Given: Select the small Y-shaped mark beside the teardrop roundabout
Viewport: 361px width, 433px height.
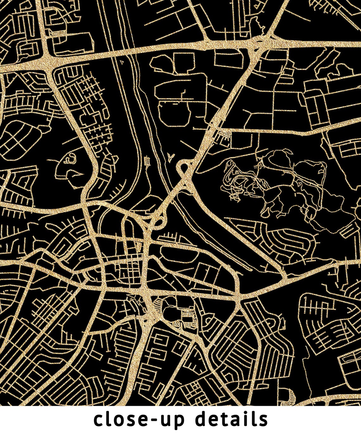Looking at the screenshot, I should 171,158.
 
